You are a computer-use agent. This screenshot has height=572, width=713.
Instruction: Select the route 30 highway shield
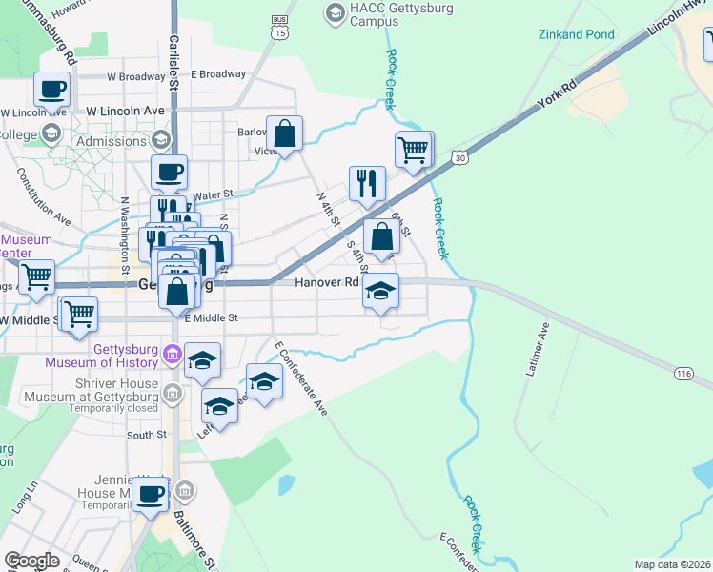[x=459, y=156]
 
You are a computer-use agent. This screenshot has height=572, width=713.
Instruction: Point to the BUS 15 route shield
[x=279, y=26]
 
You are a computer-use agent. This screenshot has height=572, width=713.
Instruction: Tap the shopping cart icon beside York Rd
[x=414, y=150]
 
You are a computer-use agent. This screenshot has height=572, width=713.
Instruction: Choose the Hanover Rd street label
[x=327, y=282]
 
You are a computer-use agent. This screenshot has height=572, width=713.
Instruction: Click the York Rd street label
[x=557, y=97]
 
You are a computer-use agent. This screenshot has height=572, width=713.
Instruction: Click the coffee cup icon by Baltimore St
[x=150, y=494]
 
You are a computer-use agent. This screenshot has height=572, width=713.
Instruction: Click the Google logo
[x=31, y=561]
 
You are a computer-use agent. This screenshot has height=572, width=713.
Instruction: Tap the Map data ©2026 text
[x=671, y=564]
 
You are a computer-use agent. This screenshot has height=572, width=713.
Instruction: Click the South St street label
[x=147, y=435]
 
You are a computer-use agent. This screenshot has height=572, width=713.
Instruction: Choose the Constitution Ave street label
[x=43, y=198]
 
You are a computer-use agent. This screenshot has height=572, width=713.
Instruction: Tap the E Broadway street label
[x=218, y=74]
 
